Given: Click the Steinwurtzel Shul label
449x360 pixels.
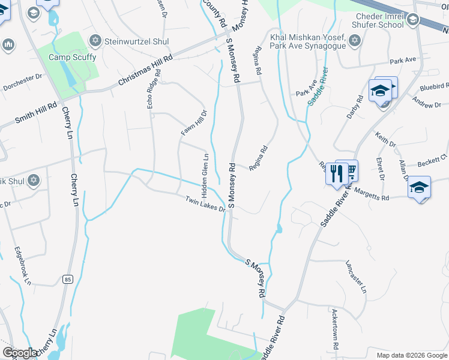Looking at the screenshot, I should pyautogui.click(x=136, y=41).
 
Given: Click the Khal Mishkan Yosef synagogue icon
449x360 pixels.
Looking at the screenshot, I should pyautogui.click(x=354, y=41).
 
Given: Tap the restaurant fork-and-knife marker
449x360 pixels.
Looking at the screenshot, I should pyautogui.click(x=336, y=173).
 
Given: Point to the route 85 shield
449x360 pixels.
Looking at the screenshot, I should pyautogui.click(x=68, y=279).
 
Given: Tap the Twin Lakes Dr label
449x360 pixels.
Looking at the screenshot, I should pyautogui.click(x=205, y=205).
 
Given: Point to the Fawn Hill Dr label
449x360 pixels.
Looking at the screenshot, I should pyautogui.click(x=194, y=122).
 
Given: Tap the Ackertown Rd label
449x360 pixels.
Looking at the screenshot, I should pyautogui.click(x=335, y=329).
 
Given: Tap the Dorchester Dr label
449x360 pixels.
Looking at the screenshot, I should pyautogui.click(x=23, y=81).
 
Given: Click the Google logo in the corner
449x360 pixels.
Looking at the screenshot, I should pyautogui.click(x=20, y=353).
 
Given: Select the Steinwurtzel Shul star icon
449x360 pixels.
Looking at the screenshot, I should pyautogui.click(x=94, y=41).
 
